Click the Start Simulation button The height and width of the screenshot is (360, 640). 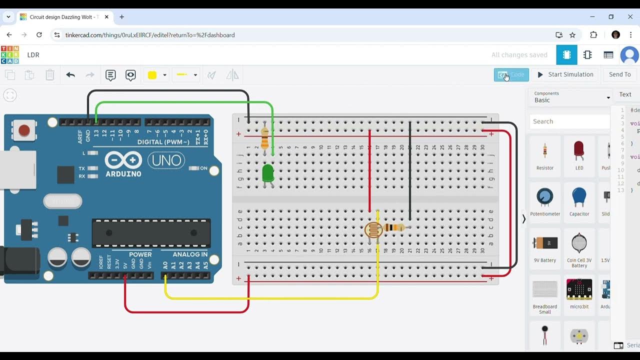(565, 74)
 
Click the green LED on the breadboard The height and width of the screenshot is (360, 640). (268, 173)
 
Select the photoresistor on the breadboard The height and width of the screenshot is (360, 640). (373, 230)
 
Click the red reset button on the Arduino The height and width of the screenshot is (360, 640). (24, 131)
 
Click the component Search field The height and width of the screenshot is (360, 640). (569, 121)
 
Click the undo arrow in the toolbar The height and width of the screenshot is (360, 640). (70, 75)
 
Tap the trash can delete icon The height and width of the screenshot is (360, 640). (50, 75)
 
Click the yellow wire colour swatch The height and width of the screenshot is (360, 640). (152, 75)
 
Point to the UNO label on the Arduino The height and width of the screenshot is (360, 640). (166, 160)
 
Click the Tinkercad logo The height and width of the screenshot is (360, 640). (10, 55)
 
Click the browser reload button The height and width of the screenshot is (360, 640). (39, 35)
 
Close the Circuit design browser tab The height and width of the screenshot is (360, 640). (106, 17)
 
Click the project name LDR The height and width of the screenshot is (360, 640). (33, 55)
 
